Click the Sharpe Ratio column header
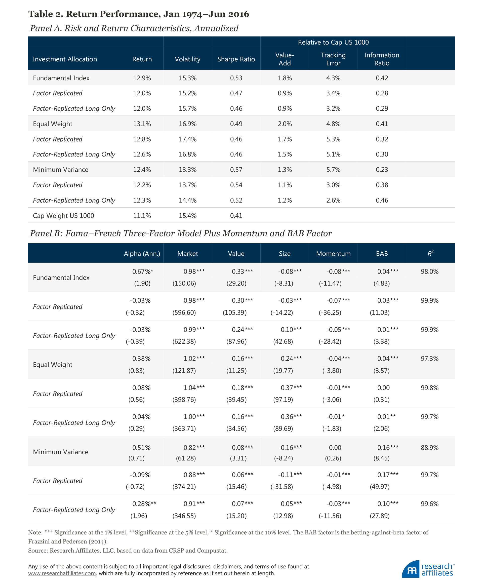236,59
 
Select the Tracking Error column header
333,59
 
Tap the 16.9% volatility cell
187,124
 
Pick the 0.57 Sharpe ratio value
236,170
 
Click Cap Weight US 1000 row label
63,215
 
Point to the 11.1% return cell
142,215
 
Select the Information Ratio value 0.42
382,78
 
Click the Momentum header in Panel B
333,254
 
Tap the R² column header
430,253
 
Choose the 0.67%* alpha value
142,271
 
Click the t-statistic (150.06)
184,283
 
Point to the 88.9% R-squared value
430,448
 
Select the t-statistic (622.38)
184,341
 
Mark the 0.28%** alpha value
144,503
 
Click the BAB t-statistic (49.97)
380,486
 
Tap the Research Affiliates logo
428,569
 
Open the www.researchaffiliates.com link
62,573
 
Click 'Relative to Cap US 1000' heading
333,42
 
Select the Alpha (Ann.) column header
142,254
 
